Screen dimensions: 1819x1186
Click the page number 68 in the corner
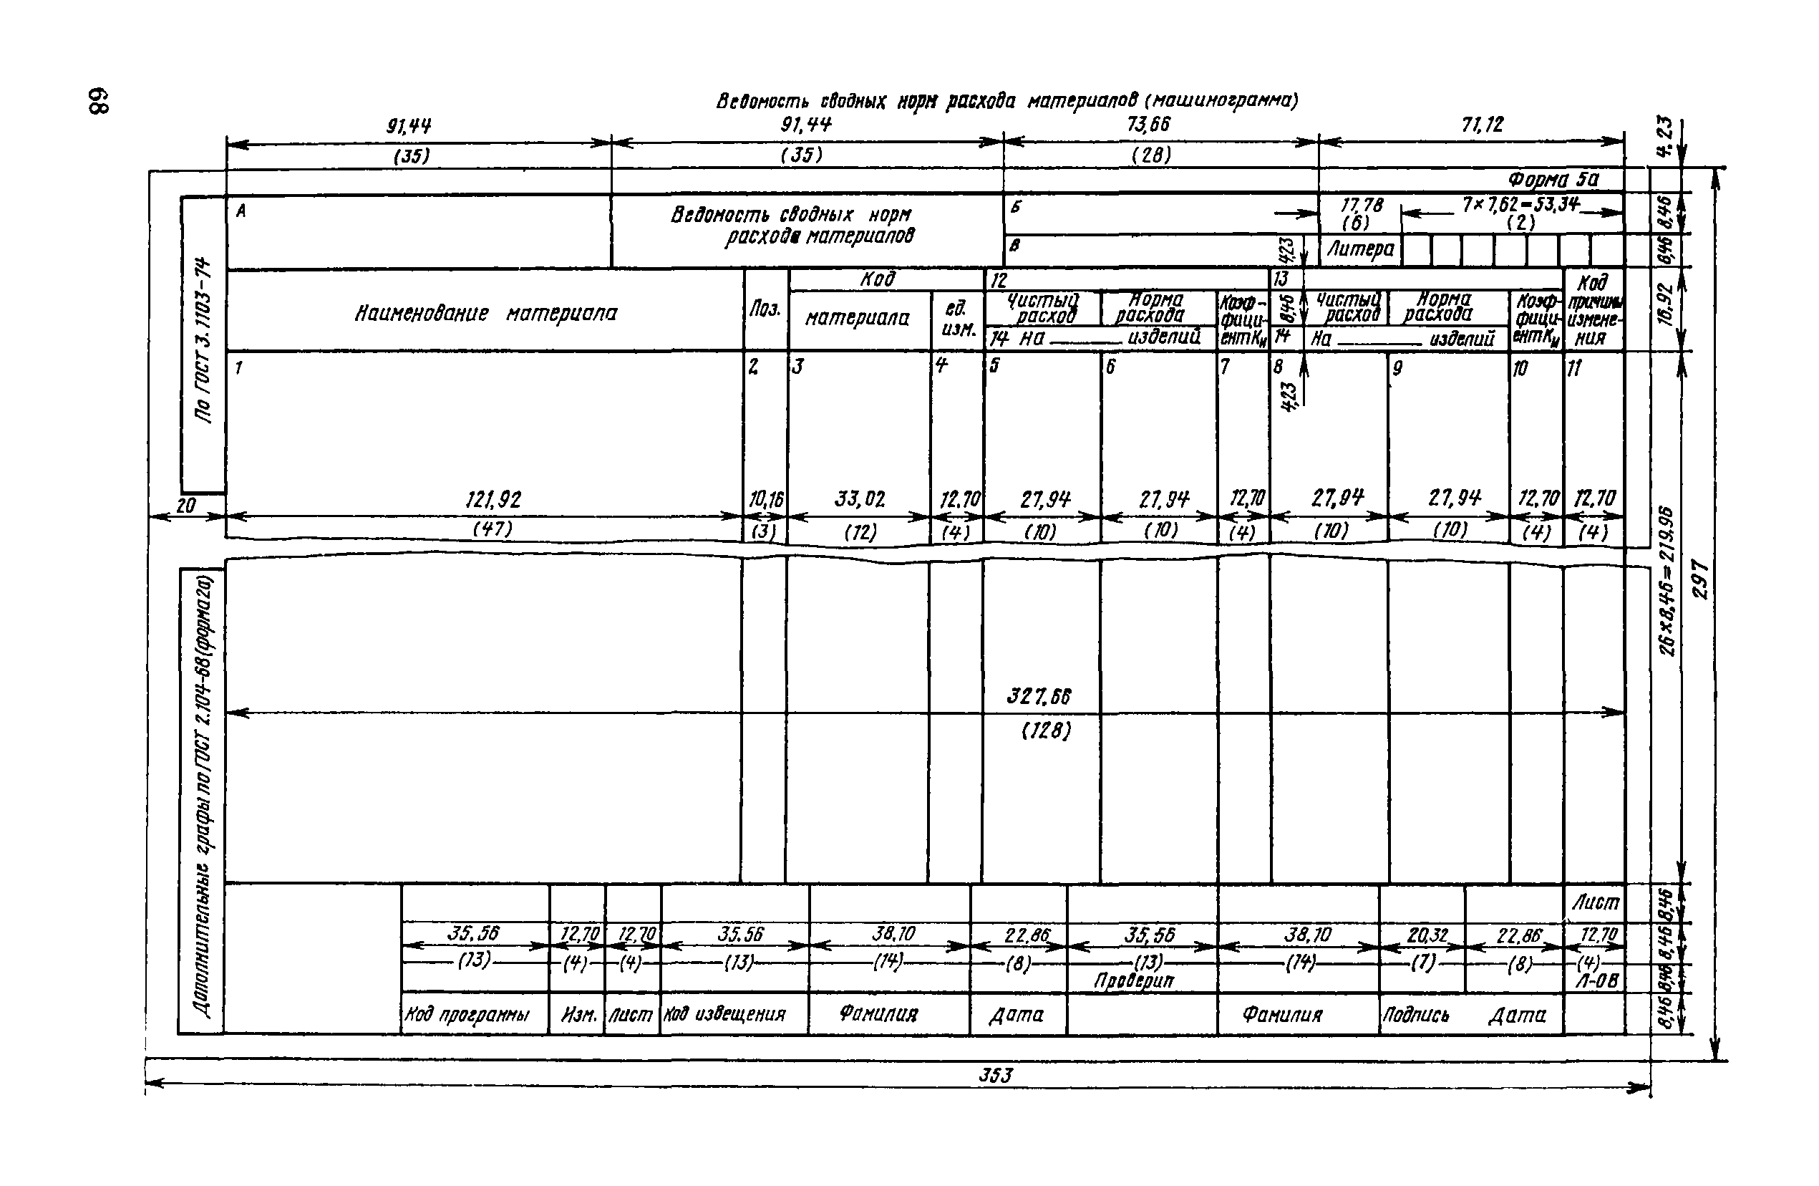click(x=100, y=101)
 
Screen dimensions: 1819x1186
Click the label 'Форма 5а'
click(x=1553, y=180)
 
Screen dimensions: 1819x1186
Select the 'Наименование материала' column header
click(x=485, y=314)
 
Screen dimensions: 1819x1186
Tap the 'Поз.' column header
click(x=765, y=309)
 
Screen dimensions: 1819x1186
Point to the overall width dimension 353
click(x=995, y=1076)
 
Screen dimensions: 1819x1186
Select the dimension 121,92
click(x=493, y=500)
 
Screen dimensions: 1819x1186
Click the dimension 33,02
click(x=860, y=500)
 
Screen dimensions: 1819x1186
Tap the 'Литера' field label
click(x=1360, y=249)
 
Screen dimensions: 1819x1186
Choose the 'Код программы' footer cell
click(x=466, y=1015)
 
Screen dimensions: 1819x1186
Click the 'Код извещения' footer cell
click(x=724, y=1015)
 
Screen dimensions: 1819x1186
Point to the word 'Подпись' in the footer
click(x=1415, y=1015)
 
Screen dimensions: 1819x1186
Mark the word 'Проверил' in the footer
click(x=1133, y=980)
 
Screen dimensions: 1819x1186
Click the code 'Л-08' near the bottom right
click(x=1596, y=980)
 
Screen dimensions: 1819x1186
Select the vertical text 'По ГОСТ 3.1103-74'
click(x=203, y=340)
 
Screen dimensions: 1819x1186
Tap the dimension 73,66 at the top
click(x=1149, y=124)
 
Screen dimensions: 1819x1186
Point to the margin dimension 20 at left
click(x=185, y=506)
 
